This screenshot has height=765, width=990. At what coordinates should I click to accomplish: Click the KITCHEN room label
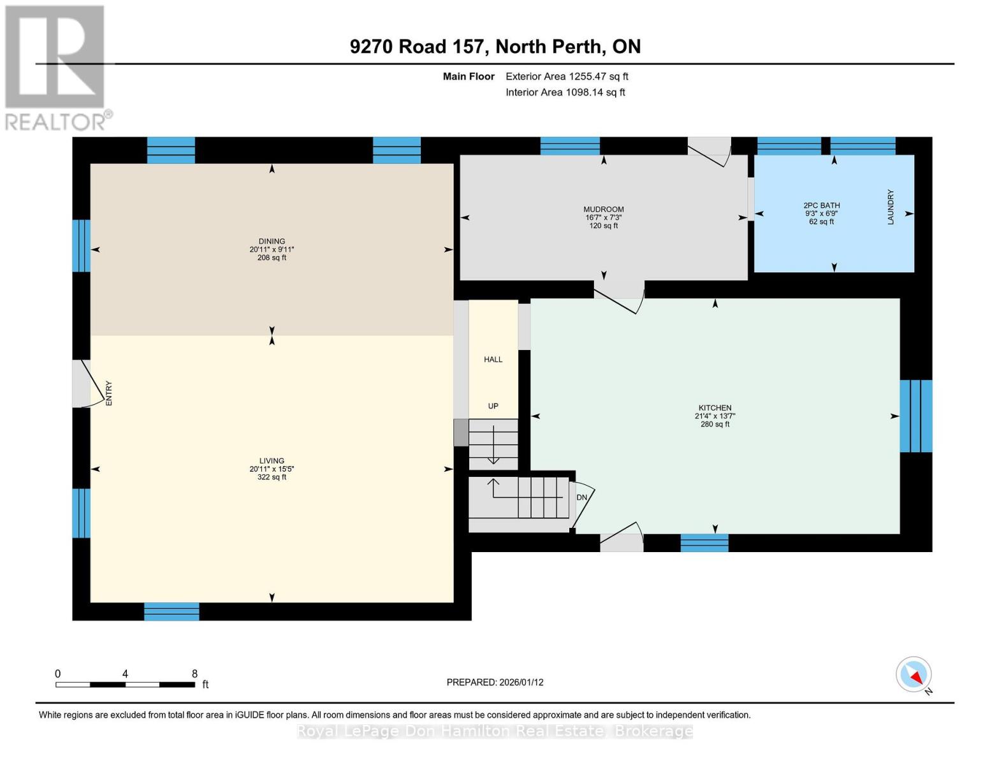tap(715, 408)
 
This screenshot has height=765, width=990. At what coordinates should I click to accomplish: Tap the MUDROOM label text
tap(603, 209)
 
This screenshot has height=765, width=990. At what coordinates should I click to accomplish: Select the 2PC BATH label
tap(821, 205)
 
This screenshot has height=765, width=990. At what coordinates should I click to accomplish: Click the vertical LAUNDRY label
tap(891, 207)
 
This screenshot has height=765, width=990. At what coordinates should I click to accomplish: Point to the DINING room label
tap(272, 242)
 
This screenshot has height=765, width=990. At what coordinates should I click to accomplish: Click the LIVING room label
tap(272, 461)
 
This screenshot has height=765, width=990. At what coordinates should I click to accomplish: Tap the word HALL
tap(493, 360)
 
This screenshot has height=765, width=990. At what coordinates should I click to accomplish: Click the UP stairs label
tap(493, 406)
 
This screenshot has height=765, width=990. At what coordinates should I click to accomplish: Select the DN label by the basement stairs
tap(581, 497)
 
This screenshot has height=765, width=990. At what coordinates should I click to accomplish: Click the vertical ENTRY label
tap(108, 393)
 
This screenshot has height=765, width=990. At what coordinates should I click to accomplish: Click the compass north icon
tap(914, 674)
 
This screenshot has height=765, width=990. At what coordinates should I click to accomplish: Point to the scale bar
tap(125, 685)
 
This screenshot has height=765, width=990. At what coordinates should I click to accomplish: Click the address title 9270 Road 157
tap(495, 47)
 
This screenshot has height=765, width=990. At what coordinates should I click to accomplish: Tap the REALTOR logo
tap(56, 67)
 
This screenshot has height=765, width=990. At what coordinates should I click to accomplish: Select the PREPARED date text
tap(495, 682)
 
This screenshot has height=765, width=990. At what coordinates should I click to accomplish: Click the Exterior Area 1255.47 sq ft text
tap(567, 76)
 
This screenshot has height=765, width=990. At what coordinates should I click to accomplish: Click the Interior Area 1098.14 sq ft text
tap(565, 92)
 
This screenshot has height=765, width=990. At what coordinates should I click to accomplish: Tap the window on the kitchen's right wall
tap(915, 416)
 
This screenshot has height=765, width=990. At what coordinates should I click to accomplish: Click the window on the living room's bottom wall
tap(171, 611)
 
